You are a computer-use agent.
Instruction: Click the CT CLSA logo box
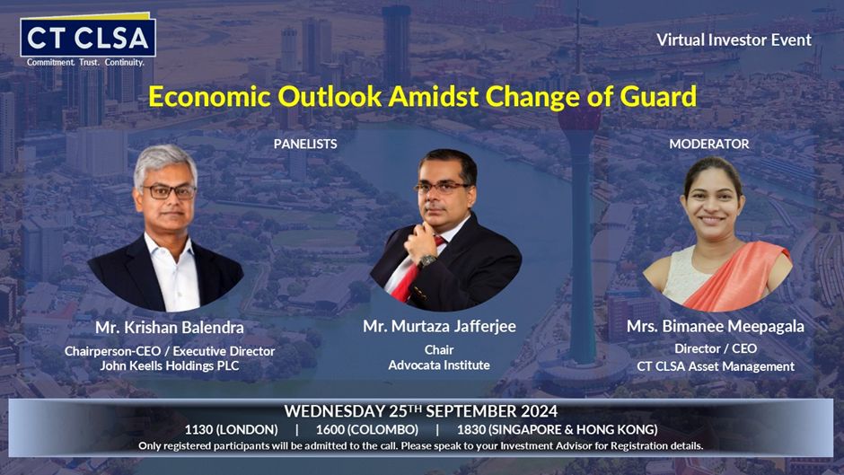(88, 37)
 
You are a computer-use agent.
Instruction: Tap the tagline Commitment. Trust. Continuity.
(85, 63)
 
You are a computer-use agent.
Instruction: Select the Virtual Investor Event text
(734, 40)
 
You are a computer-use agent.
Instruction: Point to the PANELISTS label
(305, 144)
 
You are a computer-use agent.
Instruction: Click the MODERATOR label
(709, 144)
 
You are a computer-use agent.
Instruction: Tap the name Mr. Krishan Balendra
(170, 328)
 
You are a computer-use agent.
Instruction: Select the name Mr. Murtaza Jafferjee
(439, 326)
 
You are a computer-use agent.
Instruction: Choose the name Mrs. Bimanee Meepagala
(716, 326)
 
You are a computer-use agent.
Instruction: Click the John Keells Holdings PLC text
(170, 365)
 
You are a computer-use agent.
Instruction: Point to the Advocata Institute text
(439, 365)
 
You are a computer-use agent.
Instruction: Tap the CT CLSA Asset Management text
(716, 366)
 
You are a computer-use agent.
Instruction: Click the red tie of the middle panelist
(415, 272)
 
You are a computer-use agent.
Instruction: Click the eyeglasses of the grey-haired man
(169, 191)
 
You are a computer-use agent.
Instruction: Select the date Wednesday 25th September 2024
(421, 411)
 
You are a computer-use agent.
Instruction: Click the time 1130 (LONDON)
(232, 430)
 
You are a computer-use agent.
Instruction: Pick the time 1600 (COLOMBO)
(367, 430)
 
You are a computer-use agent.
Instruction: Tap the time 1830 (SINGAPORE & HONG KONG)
(557, 430)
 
